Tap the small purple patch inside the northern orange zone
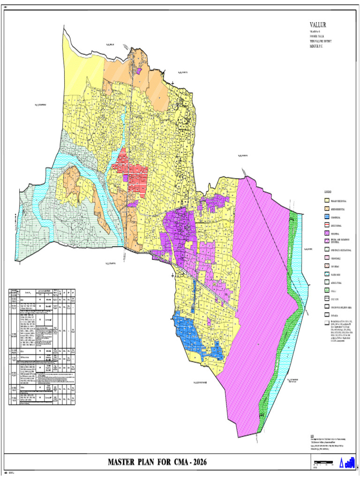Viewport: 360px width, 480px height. click(x=139, y=71)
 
